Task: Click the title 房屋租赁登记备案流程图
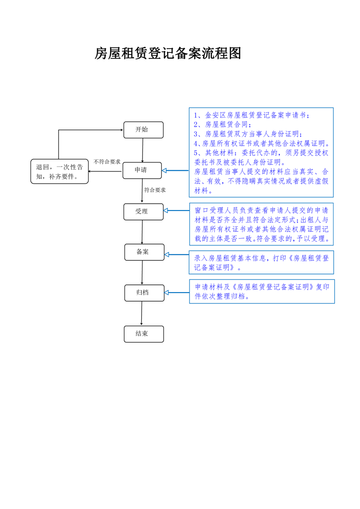pos(167,54)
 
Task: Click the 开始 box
pos(143,130)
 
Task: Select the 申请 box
pos(142,170)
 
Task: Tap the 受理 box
pos(143,211)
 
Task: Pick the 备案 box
pos(144,252)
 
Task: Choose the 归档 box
pos(144,293)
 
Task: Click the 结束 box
pos(143,334)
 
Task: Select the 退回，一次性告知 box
pos(59,171)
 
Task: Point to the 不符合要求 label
pos(107,162)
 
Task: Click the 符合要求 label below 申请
pos(155,190)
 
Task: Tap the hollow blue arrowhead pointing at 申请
pos(165,171)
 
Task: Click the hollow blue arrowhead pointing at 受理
pos(166,210)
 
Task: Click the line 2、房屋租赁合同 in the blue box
pos(222,124)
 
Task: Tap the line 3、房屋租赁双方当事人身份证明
pos(248,134)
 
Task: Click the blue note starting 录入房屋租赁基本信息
pos(261,262)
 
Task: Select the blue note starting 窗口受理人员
pos(261,225)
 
